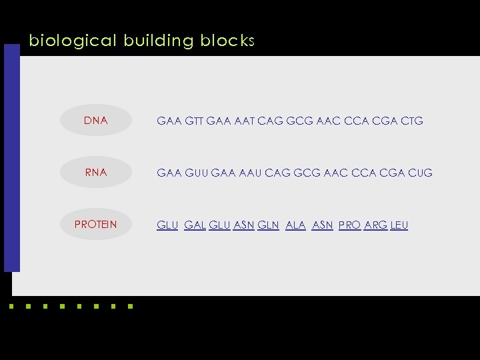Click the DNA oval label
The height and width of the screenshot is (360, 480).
pyautogui.click(x=96, y=121)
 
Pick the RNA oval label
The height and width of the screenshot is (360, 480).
pyautogui.click(x=96, y=172)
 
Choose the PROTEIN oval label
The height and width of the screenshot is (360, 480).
pyautogui.click(x=95, y=224)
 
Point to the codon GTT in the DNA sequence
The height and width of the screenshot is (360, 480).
pyautogui.click(x=193, y=121)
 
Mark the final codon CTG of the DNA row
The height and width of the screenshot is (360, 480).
pyautogui.click(x=410, y=121)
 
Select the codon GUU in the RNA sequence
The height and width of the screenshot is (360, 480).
pyautogui.click(x=195, y=173)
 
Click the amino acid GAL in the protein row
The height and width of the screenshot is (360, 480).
pyautogui.click(x=194, y=225)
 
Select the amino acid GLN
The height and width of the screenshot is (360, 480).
pyautogui.click(x=268, y=225)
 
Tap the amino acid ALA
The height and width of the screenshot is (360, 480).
pyautogui.click(x=295, y=225)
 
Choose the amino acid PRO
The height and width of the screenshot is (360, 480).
pyautogui.click(x=349, y=225)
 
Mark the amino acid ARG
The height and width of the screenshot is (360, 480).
pyautogui.click(x=376, y=225)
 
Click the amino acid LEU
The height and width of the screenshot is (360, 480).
pyautogui.click(x=399, y=225)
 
